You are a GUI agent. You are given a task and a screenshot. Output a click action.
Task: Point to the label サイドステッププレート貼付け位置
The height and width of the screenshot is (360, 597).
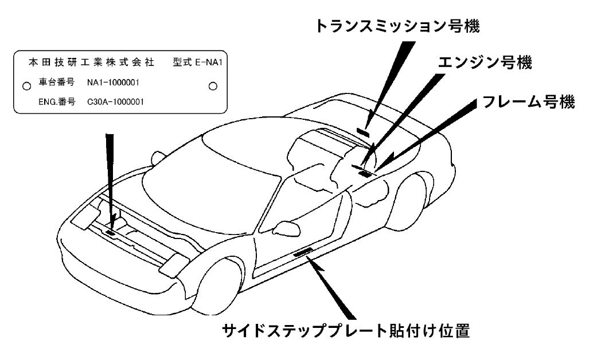coord(346,331)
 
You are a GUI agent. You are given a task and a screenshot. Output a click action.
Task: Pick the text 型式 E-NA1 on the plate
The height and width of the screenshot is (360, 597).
coord(201,61)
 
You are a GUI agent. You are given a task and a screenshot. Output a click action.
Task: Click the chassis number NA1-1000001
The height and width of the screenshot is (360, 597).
coord(113,83)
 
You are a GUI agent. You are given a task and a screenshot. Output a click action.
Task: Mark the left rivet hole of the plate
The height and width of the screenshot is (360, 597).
coord(26,86)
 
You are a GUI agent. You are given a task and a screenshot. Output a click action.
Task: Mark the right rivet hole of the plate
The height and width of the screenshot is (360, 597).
coord(213,86)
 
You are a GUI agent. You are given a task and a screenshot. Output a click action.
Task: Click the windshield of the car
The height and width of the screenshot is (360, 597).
coord(189,183)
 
